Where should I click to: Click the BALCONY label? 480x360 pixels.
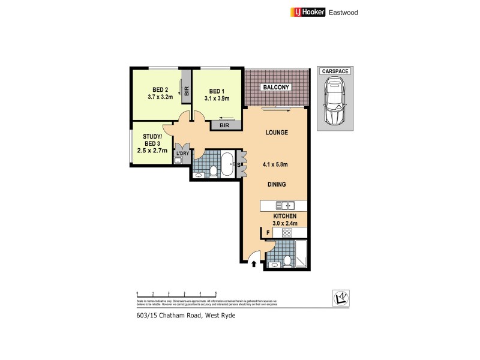tap(275, 88)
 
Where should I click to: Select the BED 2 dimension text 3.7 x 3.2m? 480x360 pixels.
tap(160, 96)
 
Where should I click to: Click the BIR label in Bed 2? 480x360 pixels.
tap(187, 91)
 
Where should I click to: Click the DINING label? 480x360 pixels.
tap(276, 185)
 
